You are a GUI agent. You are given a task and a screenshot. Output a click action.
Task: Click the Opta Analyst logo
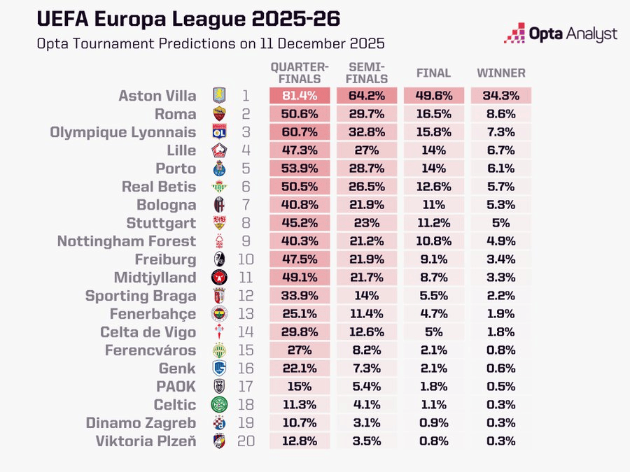(560, 33)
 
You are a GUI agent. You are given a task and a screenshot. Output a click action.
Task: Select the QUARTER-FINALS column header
(300, 72)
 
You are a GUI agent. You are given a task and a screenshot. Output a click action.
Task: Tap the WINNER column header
(501, 73)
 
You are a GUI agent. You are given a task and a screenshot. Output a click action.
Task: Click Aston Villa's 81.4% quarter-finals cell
(300, 96)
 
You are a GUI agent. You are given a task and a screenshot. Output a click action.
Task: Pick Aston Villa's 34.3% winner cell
(501, 96)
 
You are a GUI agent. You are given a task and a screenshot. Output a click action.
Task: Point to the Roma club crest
(219, 114)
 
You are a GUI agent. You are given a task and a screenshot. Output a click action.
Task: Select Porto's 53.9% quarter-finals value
(300, 169)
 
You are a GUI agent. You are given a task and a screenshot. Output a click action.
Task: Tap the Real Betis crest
(219, 187)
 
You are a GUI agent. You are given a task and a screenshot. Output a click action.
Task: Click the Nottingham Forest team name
(126, 241)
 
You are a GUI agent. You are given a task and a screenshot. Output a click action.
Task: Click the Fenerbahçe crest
(219, 314)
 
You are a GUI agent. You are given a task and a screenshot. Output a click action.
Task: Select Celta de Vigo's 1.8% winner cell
(501, 332)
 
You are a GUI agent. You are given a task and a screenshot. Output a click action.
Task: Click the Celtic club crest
(219, 405)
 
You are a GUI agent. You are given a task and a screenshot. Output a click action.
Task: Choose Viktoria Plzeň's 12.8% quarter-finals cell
(300, 441)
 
